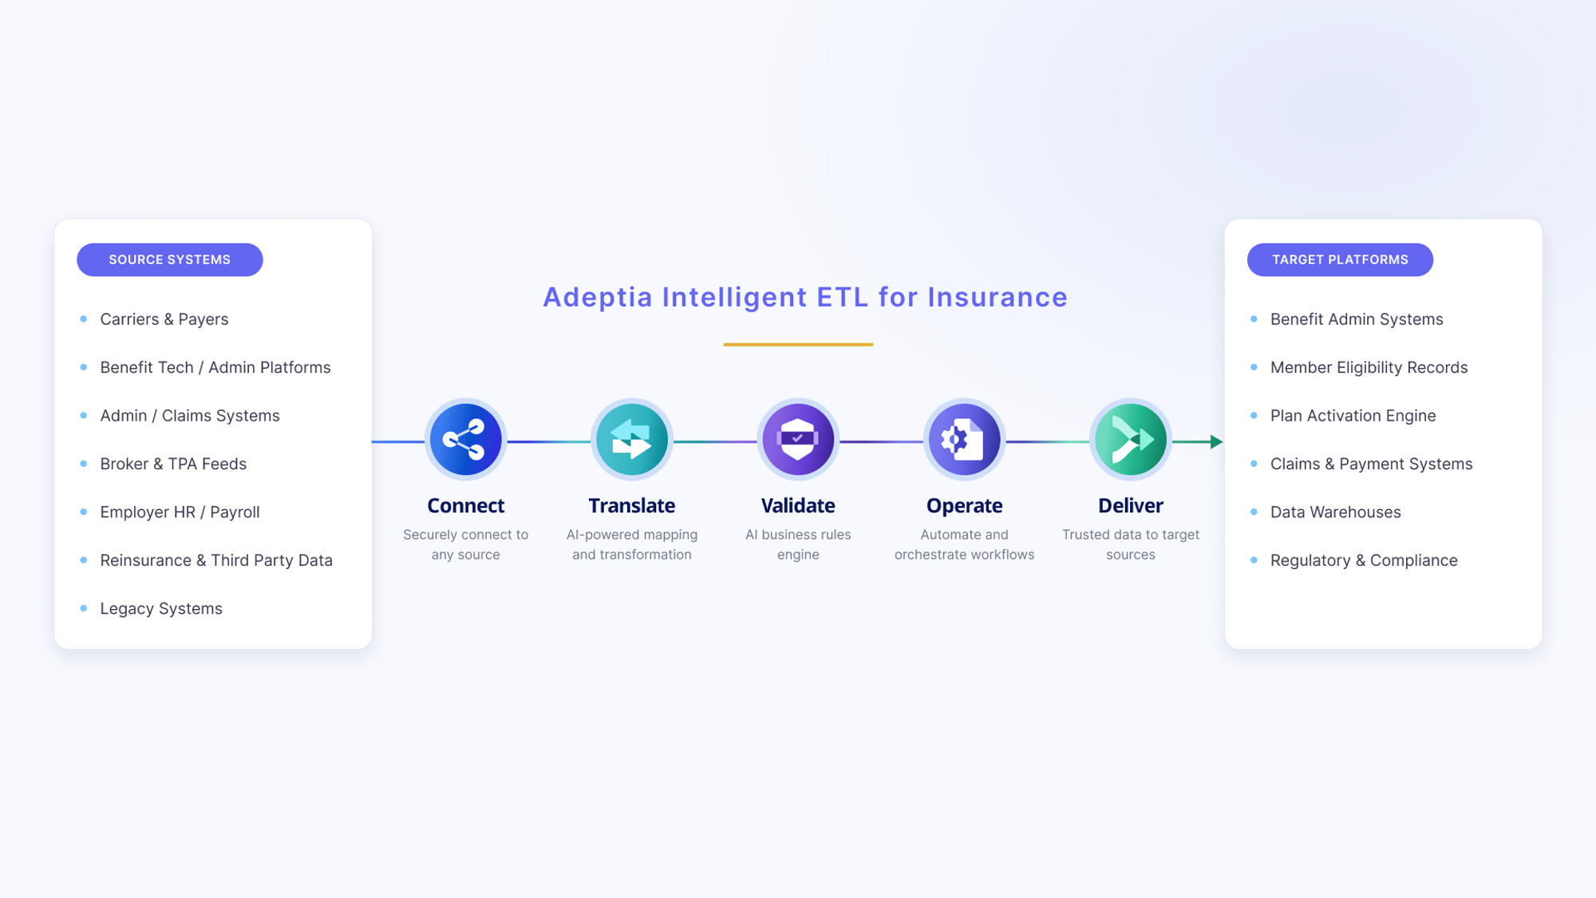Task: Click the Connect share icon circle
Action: (466, 440)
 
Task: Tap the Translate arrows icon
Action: (632, 440)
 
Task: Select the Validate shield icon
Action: (798, 440)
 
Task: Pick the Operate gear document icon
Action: (964, 440)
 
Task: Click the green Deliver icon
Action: (1131, 440)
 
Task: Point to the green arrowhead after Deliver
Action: (1217, 441)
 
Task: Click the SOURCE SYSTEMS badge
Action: (170, 260)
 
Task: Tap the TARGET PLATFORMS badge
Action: (1340, 260)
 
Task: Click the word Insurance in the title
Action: (997, 297)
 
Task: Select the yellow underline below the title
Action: (798, 344)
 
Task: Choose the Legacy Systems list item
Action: (161, 609)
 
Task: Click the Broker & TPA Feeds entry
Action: (173, 464)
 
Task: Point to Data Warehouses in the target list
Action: (1335, 512)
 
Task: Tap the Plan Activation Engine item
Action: (1353, 416)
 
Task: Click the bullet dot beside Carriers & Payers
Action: (84, 319)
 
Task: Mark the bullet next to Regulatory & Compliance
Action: (1254, 560)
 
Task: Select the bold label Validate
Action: (798, 506)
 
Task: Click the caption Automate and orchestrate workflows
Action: (964, 544)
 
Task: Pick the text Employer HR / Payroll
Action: (180, 512)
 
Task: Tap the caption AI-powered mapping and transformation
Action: (632, 544)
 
